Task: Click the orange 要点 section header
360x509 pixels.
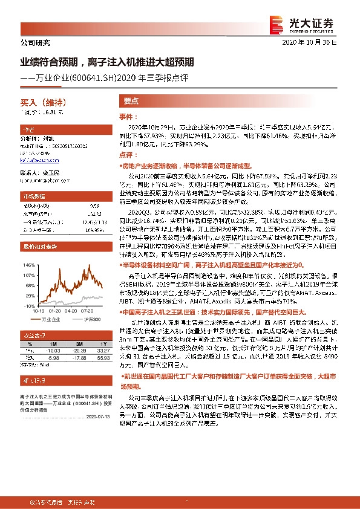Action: (132, 102)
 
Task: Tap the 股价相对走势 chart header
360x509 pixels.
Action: (36, 247)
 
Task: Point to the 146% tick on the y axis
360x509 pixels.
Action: (28, 265)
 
